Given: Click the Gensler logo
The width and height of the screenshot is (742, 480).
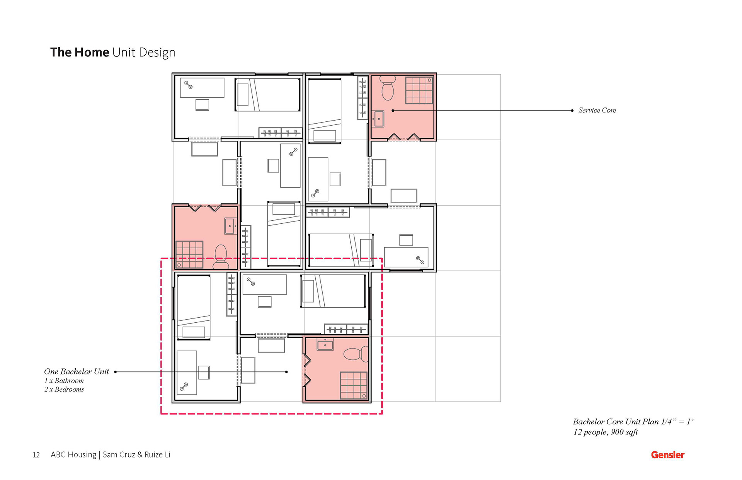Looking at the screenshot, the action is point(667,455).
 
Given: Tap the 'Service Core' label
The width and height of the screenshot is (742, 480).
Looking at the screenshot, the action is point(597,110).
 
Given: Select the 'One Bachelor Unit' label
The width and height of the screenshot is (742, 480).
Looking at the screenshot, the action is point(77,371).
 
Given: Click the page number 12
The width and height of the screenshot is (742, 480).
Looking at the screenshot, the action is point(36,455).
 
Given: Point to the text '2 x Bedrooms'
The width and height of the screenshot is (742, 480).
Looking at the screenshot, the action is point(64,389).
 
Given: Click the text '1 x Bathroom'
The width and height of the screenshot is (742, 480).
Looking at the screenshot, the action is point(64,380).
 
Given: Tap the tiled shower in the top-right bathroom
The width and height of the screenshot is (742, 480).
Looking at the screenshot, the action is point(419,90).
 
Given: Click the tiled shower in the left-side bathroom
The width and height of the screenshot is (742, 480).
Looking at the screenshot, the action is point(189,254).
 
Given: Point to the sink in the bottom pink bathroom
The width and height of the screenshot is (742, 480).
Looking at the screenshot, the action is point(325,344).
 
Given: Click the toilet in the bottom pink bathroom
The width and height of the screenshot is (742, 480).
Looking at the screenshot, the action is point(356,354).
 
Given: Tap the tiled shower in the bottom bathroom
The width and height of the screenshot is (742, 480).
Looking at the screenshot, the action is point(354,385).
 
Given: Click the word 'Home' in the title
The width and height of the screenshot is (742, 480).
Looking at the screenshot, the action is point(92,52).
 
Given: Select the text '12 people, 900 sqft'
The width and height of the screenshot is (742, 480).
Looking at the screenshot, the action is point(606,432).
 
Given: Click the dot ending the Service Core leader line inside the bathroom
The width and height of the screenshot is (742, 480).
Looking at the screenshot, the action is point(393,111).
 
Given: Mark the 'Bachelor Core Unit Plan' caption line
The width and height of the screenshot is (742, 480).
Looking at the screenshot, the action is point(633,422).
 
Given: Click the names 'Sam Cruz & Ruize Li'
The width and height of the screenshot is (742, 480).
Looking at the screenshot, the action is point(136,455).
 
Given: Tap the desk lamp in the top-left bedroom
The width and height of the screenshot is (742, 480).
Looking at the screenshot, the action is point(188,85).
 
